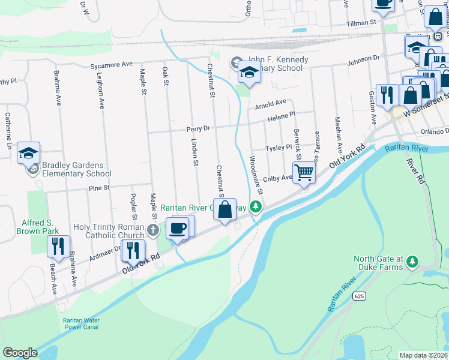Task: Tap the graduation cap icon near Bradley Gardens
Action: (x=28, y=153)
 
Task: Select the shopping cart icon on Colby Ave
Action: (x=304, y=173)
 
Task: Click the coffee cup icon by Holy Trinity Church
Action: (x=178, y=228)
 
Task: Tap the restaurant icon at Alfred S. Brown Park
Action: (x=58, y=246)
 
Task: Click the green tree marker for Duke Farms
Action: (x=412, y=262)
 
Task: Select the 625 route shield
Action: (x=359, y=296)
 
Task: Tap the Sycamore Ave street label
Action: (x=111, y=64)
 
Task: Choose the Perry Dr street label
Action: (x=197, y=128)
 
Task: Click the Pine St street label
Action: (x=98, y=188)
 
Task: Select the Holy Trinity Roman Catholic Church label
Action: (x=109, y=231)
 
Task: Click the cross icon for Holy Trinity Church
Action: (x=153, y=229)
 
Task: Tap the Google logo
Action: (x=20, y=353)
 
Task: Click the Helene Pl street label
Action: (x=282, y=115)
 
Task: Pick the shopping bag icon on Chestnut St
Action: (x=224, y=210)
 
